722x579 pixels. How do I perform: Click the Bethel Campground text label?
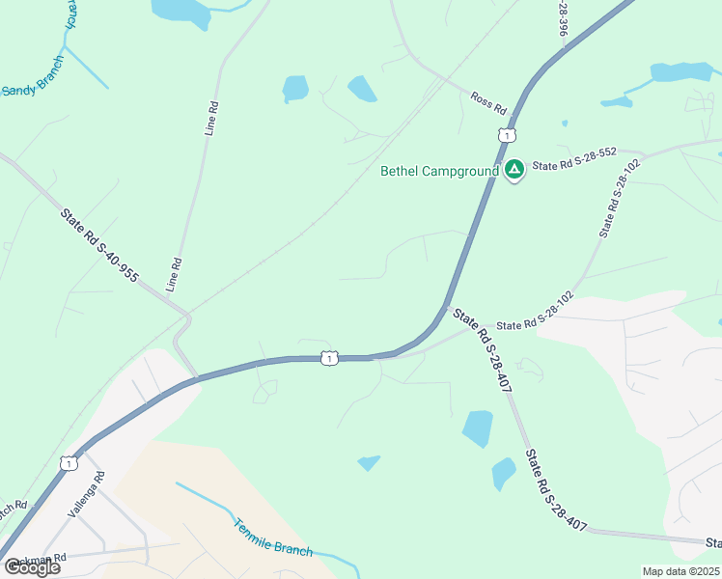[439, 172]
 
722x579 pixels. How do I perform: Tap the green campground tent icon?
[514, 171]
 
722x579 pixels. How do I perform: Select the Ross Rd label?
[488, 103]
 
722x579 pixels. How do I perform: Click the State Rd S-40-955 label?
[98, 246]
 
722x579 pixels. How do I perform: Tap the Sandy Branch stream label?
[32, 90]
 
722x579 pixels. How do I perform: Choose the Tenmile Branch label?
[273, 538]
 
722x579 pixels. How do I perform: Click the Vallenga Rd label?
[85, 495]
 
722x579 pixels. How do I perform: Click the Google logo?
[32, 567]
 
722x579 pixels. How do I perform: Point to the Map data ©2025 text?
[680, 571]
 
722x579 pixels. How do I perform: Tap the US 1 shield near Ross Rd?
[507, 136]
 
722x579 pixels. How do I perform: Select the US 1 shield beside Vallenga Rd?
[68, 464]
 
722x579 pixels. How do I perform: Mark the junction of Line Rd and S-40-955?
[187, 314]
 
